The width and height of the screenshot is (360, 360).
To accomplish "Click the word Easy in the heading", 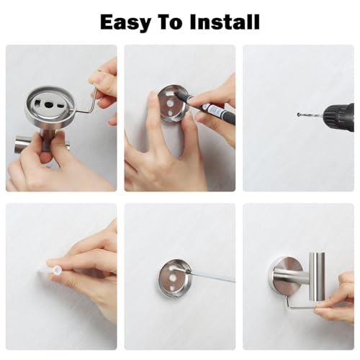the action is click(x=125, y=22).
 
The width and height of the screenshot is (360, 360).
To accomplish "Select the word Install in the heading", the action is click(x=225, y=22).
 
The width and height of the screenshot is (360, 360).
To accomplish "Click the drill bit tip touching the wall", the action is click(x=298, y=114).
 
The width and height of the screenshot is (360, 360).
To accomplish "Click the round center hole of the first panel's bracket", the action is click(x=48, y=104).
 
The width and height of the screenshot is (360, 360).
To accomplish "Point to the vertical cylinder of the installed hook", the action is click(x=317, y=276).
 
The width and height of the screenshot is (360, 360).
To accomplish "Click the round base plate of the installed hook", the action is click(x=287, y=276).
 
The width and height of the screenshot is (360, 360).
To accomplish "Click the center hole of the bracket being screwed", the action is click(x=172, y=278).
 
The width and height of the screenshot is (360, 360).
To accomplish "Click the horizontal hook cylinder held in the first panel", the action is click(x=41, y=143).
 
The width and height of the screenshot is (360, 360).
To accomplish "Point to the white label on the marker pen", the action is click(x=215, y=111).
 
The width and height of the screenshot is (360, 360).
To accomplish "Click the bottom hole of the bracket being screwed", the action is click(x=173, y=287).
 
